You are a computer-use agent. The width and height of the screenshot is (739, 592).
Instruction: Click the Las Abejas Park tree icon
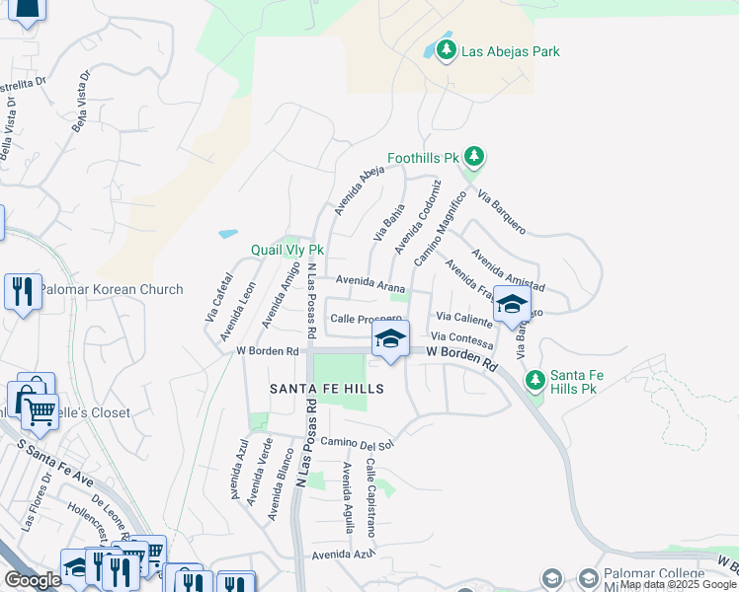tap(446, 49)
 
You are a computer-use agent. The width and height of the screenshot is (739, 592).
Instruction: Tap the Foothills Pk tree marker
tap(475, 156)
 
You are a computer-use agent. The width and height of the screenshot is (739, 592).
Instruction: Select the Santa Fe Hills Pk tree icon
tap(535, 379)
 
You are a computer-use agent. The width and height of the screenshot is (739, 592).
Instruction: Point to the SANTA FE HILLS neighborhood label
tap(327, 390)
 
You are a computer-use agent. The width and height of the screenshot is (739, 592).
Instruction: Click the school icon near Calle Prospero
tap(390, 340)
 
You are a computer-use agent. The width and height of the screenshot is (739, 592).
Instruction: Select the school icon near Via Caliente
tap(512, 304)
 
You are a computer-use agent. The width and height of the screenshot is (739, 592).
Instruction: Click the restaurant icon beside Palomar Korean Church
tap(23, 291)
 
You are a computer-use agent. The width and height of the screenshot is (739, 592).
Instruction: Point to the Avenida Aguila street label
tap(347, 498)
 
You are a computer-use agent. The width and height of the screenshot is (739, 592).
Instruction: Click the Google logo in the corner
tap(33, 580)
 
